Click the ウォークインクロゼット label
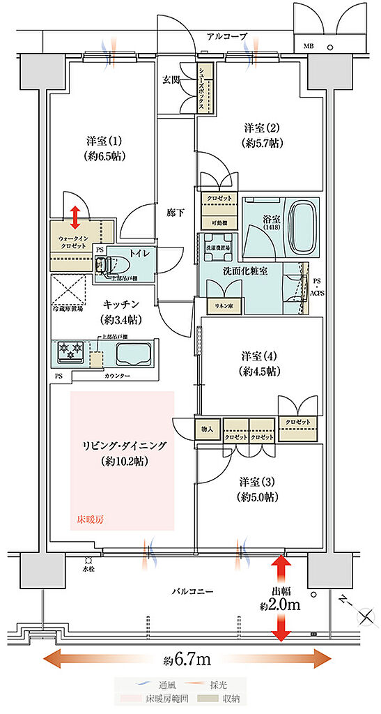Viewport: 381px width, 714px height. (68, 242)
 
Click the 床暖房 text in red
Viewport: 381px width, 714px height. (91, 519)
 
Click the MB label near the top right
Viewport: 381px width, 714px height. (308, 47)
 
